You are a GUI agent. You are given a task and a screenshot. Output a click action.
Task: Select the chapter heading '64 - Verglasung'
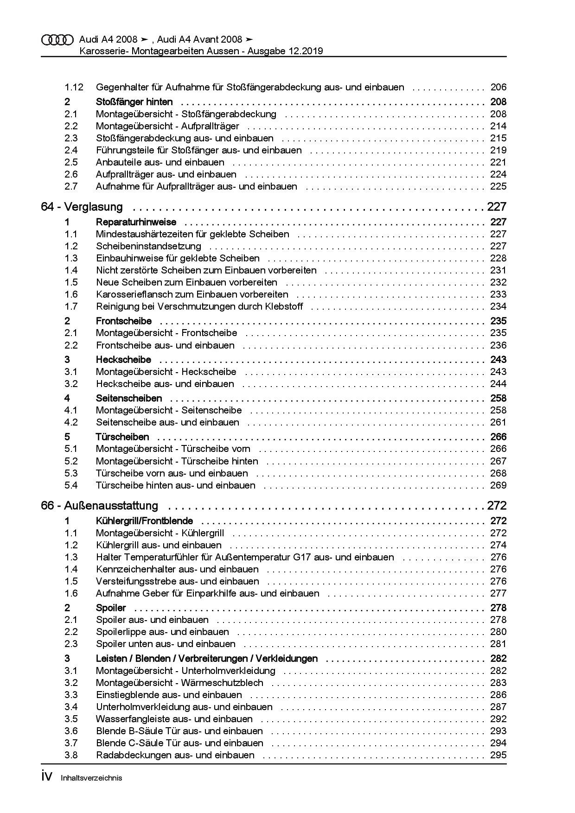(82, 207)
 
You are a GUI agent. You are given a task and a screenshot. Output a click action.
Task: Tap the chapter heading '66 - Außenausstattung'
(99, 505)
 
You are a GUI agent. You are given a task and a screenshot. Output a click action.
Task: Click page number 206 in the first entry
(498, 87)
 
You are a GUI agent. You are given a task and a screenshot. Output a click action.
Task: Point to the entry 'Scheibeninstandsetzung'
(148, 246)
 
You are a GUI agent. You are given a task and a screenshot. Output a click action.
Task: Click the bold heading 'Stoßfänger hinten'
(134, 102)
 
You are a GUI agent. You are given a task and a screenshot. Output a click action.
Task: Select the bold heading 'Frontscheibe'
(123, 321)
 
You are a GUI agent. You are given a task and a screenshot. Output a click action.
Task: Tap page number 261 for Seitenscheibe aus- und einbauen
(498, 422)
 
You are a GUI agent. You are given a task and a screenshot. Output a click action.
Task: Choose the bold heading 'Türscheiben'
(122, 437)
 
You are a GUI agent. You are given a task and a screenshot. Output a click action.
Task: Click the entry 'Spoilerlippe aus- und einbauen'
(162, 632)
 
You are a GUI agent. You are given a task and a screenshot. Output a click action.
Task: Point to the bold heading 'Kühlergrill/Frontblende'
(144, 521)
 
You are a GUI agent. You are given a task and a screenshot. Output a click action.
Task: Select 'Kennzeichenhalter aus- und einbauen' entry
(177, 569)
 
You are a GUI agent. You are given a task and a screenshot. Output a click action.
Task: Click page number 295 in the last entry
(498, 755)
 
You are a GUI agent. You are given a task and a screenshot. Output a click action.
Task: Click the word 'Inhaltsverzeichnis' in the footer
(91, 778)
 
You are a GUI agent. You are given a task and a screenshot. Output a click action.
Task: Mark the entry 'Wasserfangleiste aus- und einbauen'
(174, 719)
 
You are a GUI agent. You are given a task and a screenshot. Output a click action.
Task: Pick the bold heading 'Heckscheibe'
(123, 360)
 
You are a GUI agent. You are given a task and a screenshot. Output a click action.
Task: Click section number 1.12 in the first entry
(74, 87)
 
